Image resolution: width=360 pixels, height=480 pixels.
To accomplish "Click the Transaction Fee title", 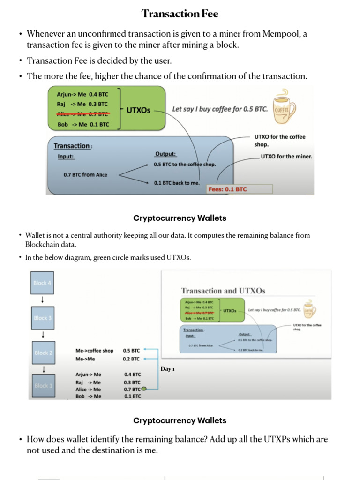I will point(180,14).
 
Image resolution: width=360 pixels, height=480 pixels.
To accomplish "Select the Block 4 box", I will point(42,283).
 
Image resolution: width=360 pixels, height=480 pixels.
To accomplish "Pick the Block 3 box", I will point(42,318).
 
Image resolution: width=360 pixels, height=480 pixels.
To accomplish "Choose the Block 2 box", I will point(43,352).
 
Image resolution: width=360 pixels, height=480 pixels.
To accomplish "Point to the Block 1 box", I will point(42,386).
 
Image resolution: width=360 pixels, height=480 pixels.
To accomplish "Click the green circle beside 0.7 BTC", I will point(144,389).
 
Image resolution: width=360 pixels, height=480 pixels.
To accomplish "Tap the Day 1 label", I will point(167,369).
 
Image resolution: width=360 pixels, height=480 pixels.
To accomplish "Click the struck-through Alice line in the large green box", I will point(83,114).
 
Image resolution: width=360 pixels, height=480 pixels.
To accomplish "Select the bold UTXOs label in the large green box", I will point(138,110).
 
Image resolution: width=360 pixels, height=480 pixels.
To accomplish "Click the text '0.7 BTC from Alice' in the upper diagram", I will point(85,175).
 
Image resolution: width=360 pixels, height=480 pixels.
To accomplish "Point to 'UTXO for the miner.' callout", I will point(286,157).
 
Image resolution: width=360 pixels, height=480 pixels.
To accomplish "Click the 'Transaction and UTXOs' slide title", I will point(223,291).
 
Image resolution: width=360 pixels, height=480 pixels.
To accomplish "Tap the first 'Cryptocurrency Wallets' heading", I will point(180,218).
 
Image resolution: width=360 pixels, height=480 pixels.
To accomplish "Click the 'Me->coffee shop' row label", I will point(95,351).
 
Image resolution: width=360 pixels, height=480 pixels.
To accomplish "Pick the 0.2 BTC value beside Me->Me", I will point(132,359).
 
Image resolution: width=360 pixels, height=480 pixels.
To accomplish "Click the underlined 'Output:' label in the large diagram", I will point(165,154).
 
